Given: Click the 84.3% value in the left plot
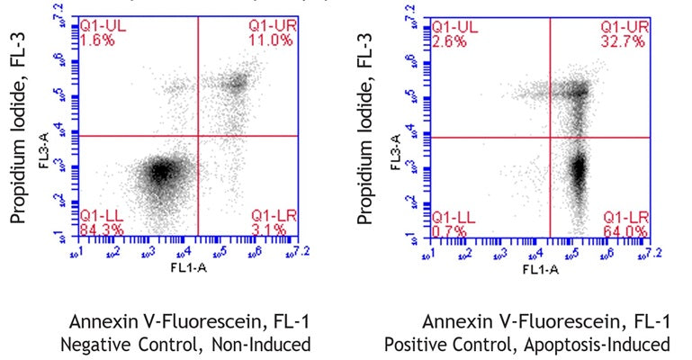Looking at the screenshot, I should pyautogui.click(x=97, y=229).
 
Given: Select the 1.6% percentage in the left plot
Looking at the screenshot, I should pyautogui.click(x=93, y=40).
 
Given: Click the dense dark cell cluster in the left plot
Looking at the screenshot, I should pyautogui.click(x=160, y=170).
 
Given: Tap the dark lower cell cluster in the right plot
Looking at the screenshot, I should pyautogui.click(x=579, y=168).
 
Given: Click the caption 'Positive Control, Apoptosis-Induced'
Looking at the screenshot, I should pyautogui.click(x=526, y=343).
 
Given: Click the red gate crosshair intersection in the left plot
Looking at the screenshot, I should pyautogui.click(x=196, y=136).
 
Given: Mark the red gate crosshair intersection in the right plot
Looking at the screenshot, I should pyautogui.click(x=550, y=137).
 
